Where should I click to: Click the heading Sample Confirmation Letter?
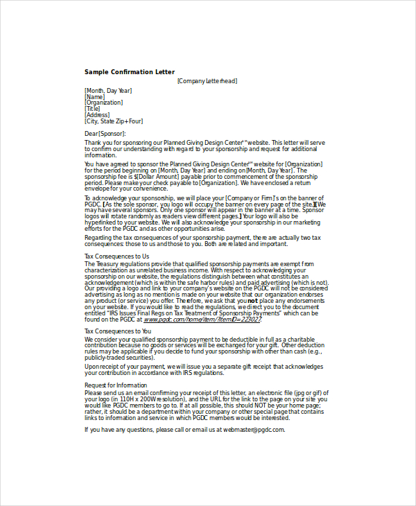tap(130, 72)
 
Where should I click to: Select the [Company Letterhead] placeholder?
tap(207, 81)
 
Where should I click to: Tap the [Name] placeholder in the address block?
tap(95, 97)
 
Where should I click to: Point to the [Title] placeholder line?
tap(93, 109)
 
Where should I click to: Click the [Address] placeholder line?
tap(97, 115)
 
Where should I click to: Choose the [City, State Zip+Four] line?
tap(119, 121)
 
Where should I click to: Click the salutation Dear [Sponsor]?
tap(105, 133)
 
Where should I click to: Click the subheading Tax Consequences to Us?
tap(116, 256)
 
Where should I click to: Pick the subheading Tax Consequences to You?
tap(118, 331)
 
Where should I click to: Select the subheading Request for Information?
tap(116, 385)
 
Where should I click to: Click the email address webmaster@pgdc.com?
tap(252, 429)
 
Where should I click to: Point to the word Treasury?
tap(107, 263)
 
